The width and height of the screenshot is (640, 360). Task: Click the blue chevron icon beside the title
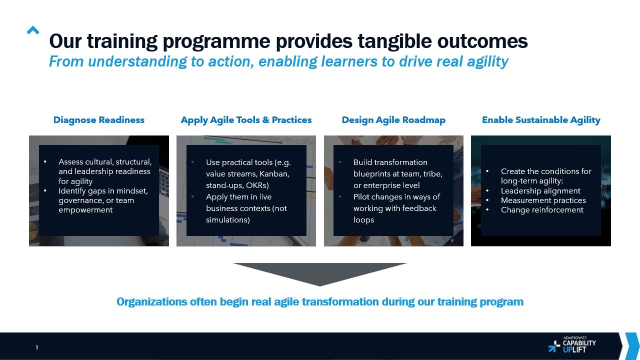[x=33, y=30]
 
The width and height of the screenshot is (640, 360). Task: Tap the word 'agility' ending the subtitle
[x=487, y=62]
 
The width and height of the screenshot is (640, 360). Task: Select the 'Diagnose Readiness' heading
[x=99, y=120]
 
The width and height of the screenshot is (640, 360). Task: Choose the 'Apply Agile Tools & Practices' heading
[x=246, y=120]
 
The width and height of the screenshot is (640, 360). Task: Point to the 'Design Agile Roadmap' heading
[x=393, y=120]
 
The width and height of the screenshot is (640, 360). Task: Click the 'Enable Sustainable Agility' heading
[x=541, y=120]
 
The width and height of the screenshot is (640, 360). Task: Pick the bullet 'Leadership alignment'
[x=540, y=191]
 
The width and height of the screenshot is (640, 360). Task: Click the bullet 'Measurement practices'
[x=543, y=200]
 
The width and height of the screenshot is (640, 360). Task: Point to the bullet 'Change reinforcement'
[x=542, y=210]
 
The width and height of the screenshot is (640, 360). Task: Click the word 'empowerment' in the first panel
[x=85, y=210]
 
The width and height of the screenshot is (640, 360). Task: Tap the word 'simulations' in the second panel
[x=227, y=220]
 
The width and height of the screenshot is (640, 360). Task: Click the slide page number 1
[x=37, y=347]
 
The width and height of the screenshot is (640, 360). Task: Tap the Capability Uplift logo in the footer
[x=572, y=344]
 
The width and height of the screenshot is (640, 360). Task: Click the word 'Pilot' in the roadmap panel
[x=361, y=197]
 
